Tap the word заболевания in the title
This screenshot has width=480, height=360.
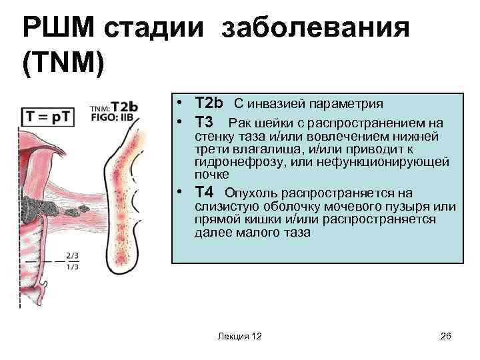[x=314, y=29]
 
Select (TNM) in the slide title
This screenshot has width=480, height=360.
[x=64, y=65]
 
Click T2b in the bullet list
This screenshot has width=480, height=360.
[x=209, y=103]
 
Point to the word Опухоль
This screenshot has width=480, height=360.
[x=253, y=193]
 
